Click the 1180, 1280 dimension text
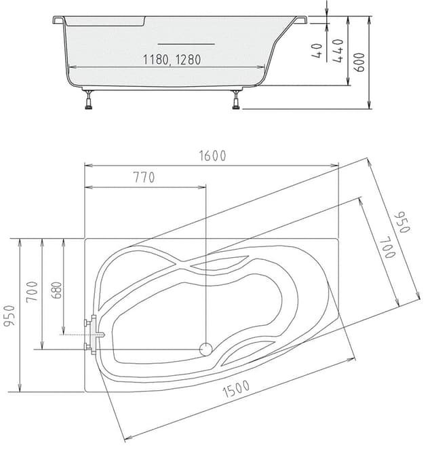[x=172, y=59]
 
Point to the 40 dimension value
[x=317, y=52]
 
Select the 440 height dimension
[x=337, y=51]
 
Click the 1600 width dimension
[x=212, y=155]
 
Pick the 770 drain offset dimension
[x=144, y=178]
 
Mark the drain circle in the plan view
[x=205, y=349]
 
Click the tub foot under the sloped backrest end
[x=235, y=100]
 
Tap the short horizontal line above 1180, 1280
[x=195, y=43]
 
